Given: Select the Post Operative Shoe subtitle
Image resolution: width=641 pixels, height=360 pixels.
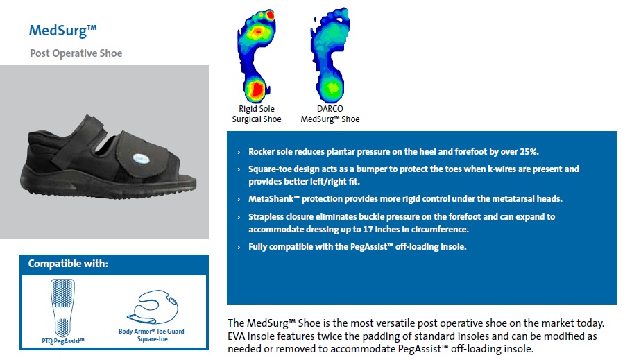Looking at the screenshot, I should tap(76, 53).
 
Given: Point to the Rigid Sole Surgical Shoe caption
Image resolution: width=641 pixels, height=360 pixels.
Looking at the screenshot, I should tap(257, 114).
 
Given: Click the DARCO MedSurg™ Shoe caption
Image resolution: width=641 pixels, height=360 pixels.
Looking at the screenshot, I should tap(330, 114).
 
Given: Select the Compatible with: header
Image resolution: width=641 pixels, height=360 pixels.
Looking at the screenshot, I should tap(68, 264).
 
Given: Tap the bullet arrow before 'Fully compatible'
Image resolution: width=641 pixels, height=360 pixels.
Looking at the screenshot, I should tap(239, 247).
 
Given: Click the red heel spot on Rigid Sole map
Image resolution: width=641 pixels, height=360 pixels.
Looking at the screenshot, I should tap(257, 89).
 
